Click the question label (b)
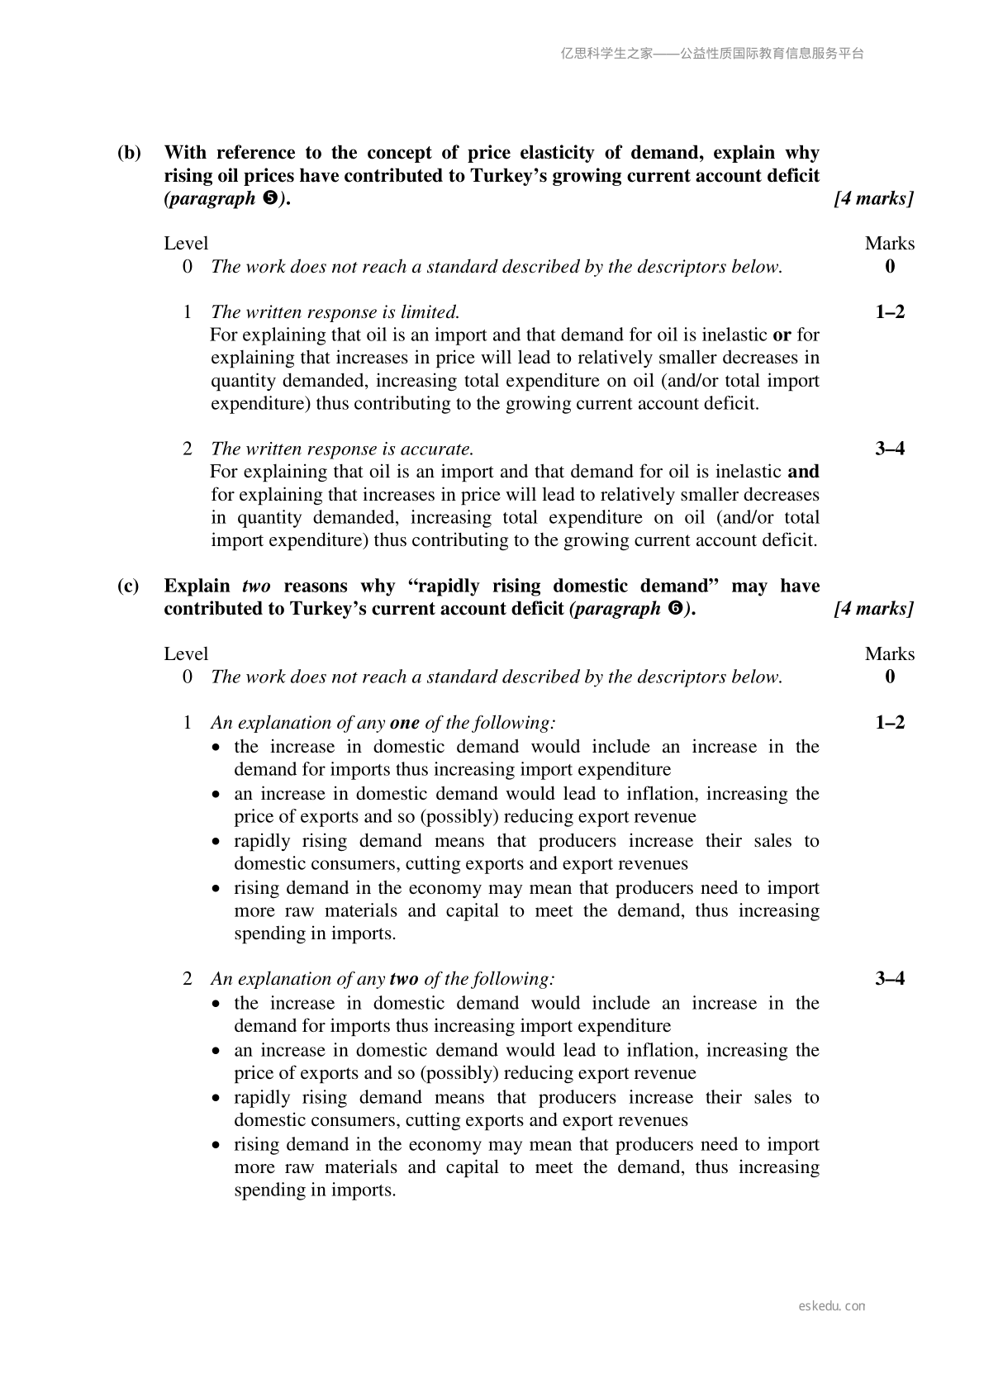click(129, 153)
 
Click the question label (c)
click(128, 587)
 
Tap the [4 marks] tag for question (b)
click(873, 198)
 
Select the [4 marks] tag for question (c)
click(873, 609)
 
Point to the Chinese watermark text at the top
click(711, 54)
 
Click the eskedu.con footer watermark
click(832, 1306)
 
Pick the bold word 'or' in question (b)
click(782, 335)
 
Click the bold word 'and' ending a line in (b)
click(803, 472)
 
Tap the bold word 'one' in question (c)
click(405, 723)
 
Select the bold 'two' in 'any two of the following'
click(403, 979)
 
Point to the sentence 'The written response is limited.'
click(335, 312)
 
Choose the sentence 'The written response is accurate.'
click(342, 449)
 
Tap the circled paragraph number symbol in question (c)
click(673, 610)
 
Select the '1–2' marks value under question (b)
click(890, 312)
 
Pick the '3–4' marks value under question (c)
click(890, 979)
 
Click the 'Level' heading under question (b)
click(186, 244)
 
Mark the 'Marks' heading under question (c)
click(890, 654)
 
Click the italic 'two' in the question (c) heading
click(256, 587)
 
